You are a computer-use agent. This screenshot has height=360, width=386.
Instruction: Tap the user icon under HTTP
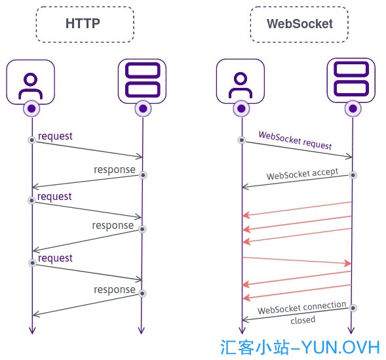tap(31, 82)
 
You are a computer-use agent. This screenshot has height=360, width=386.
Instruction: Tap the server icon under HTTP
tap(142, 81)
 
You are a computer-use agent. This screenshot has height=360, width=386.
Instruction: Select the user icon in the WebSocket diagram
tap(241, 81)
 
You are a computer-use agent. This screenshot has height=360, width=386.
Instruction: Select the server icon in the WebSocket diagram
tap(351, 81)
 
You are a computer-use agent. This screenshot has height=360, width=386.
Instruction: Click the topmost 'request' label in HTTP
tap(55, 136)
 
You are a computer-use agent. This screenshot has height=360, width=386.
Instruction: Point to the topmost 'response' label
tap(115, 170)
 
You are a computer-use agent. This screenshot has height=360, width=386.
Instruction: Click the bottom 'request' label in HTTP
tap(55, 258)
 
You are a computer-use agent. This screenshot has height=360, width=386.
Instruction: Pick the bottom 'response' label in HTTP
tap(115, 290)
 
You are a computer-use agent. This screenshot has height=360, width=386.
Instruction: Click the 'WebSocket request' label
tap(295, 140)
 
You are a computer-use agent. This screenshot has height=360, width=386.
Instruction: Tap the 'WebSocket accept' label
tap(302, 174)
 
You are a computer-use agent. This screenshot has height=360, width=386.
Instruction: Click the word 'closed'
tap(303, 320)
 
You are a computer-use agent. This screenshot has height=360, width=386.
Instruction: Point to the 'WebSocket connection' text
tap(302, 308)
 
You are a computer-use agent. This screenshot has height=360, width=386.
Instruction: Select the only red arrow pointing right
tap(297, 260)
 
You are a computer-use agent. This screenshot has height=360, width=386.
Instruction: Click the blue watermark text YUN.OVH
tap(341, 348)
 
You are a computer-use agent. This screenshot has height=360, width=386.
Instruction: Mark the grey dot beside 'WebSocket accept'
tap(353, 175)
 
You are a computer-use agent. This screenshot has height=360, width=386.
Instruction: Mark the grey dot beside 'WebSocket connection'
tap(353, 308)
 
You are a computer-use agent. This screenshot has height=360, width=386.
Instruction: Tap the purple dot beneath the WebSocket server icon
tap(353, 108)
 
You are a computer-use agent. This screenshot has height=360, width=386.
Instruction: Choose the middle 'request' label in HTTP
tap(54, 197)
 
